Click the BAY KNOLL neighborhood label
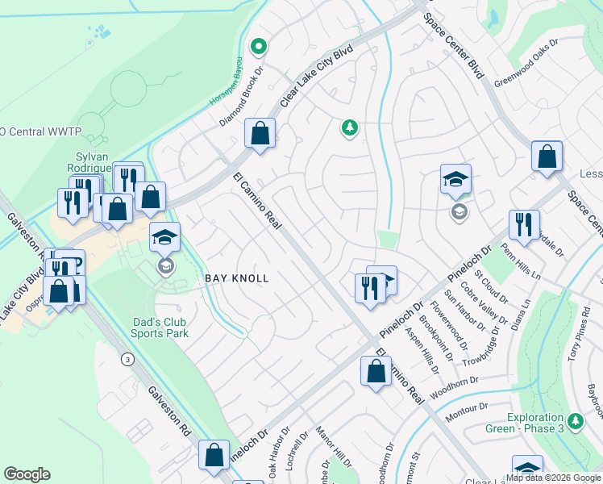[x=236, y=278]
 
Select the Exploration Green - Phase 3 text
[x=545, y=423]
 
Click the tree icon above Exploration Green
[x=576, y=421]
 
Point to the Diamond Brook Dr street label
[x=243, y=98]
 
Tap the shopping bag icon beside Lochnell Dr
[x=214, y=454]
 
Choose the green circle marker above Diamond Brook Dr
[x=258, y=46]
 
